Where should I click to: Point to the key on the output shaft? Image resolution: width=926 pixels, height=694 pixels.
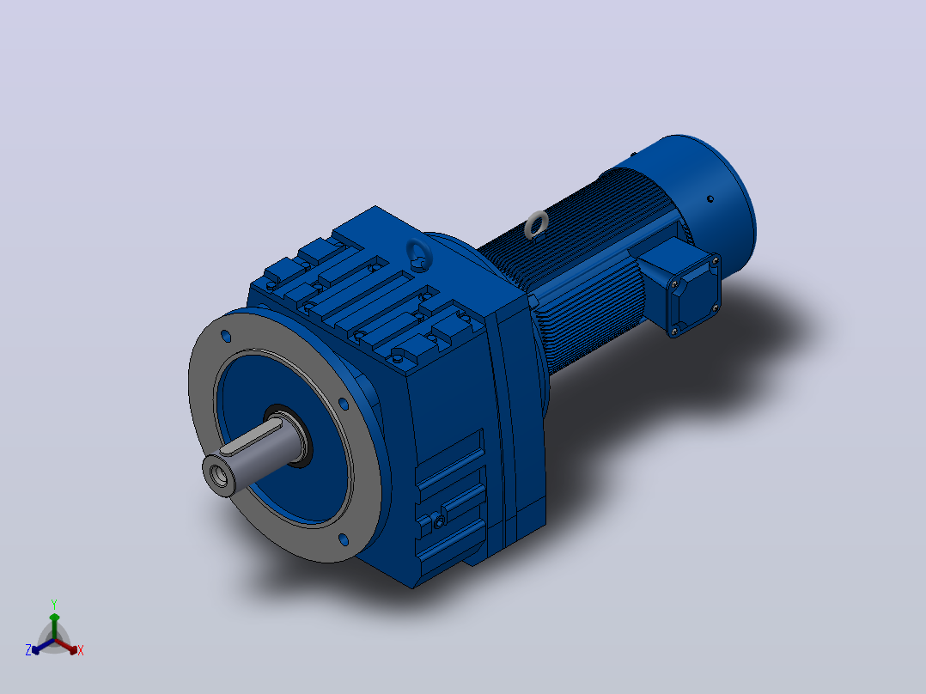(x=251, y=437)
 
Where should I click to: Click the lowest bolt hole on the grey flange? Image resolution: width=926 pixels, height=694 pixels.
(x=344, y=539)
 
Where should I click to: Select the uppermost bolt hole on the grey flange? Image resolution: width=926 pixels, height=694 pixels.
(x=226, y=336)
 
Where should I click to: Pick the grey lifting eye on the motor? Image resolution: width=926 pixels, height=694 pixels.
(x=537, y=225)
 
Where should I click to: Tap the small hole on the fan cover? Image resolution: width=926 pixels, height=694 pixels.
(x=710, y=199)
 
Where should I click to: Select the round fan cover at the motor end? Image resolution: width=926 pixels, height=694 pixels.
(x=709, y=195)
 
